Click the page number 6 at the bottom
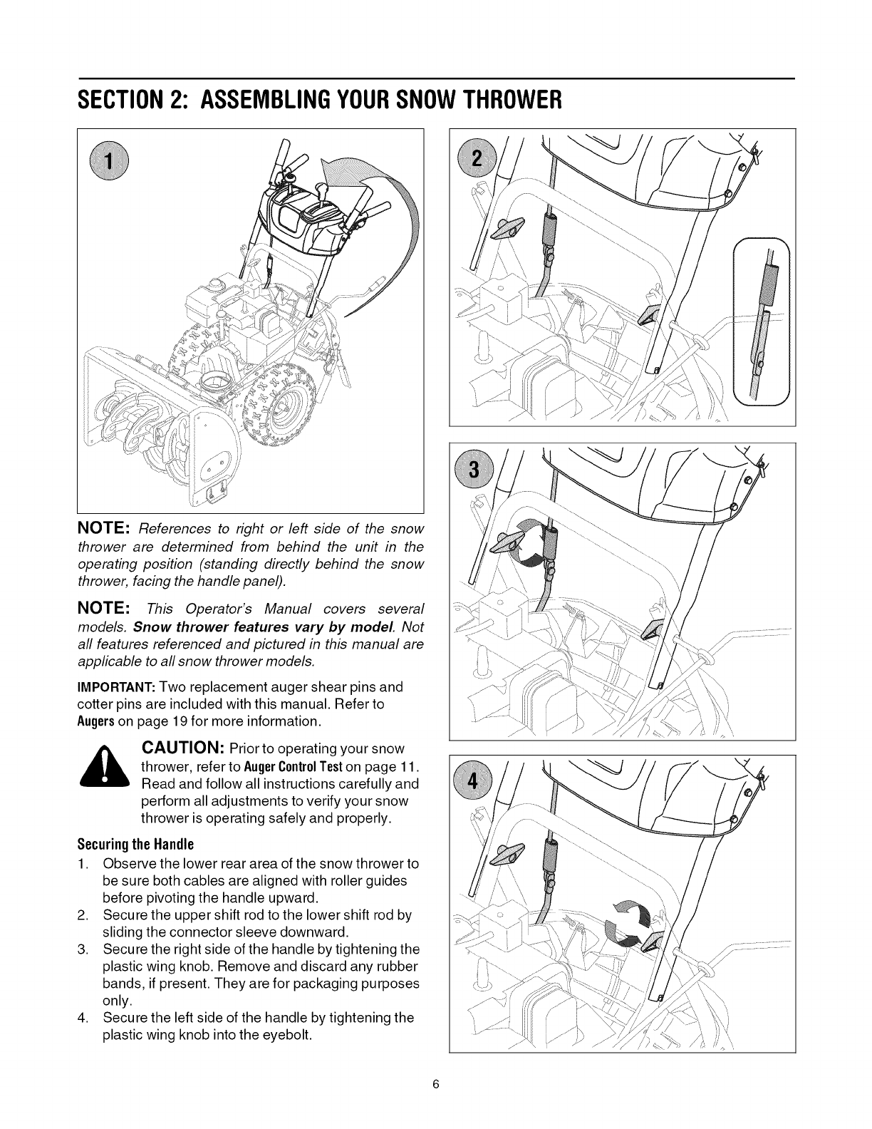436,1085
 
